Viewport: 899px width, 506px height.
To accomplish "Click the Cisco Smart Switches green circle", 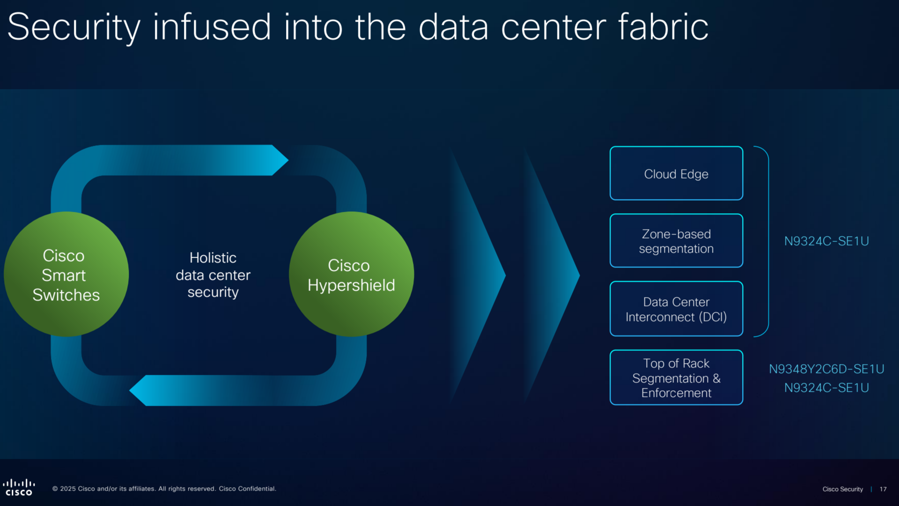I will (66, 275).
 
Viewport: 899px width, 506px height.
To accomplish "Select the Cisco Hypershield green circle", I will (351, 275).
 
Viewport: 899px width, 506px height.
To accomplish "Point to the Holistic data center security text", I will (213, 275).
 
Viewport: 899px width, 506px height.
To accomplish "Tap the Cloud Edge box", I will (676, 174).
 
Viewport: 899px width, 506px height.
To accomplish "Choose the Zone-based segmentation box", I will (676, 241).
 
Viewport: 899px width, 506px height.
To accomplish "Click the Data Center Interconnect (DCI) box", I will (676, 309).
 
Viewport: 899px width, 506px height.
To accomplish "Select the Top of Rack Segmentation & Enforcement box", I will (676, 378).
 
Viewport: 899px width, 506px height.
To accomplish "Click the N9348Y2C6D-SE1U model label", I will (826, 369).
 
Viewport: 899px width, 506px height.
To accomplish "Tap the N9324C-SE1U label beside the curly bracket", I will (826, 241).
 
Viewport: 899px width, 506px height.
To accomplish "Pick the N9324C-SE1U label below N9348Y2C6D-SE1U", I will (826, 388).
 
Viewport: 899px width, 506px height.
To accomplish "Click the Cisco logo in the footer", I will (19, 488).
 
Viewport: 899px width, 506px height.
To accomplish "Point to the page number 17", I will (883, 489).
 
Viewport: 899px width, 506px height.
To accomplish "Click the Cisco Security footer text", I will (842, 489).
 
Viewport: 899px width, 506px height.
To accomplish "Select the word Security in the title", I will (74, 27).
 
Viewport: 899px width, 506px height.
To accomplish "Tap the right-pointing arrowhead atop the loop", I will (279, 160).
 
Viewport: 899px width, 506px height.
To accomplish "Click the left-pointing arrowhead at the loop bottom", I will (140, 391).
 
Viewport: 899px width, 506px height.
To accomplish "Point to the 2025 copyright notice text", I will (164, 489).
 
